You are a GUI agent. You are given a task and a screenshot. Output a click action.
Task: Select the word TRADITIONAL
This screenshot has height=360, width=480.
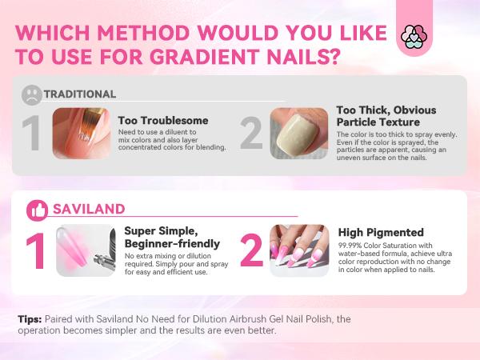[79, 93]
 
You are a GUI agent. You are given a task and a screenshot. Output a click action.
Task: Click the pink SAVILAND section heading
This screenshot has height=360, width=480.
[89, 209]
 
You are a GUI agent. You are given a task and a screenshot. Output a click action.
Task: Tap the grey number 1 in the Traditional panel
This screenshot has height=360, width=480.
[30, 134]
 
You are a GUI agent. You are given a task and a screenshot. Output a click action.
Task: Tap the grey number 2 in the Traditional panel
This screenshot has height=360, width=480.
[251, 134]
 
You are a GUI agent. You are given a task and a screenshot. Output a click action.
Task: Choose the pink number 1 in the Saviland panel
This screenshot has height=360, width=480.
[35, 251]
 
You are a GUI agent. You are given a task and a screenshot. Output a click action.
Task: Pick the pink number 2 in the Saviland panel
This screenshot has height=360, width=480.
[251, 251]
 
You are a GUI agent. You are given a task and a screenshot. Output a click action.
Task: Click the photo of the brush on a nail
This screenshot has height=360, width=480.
[81, 133]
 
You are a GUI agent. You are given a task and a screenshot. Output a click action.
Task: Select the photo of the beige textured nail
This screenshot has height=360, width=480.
[298, 133]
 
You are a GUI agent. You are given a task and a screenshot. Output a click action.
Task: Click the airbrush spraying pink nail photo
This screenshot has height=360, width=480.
[86, 250]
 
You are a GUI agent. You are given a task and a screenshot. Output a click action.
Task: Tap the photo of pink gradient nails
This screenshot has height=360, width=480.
[298, 250]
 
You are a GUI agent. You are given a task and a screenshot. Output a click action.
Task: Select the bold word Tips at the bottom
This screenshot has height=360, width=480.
[31, 318]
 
